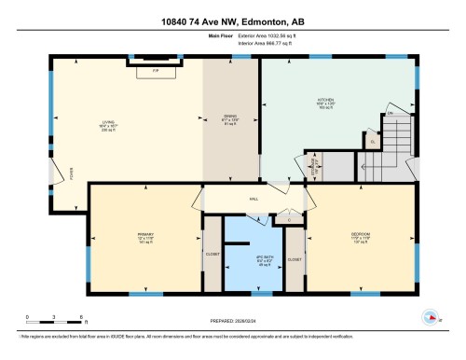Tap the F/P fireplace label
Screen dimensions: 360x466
156,70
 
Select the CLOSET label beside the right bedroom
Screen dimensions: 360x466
295,258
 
